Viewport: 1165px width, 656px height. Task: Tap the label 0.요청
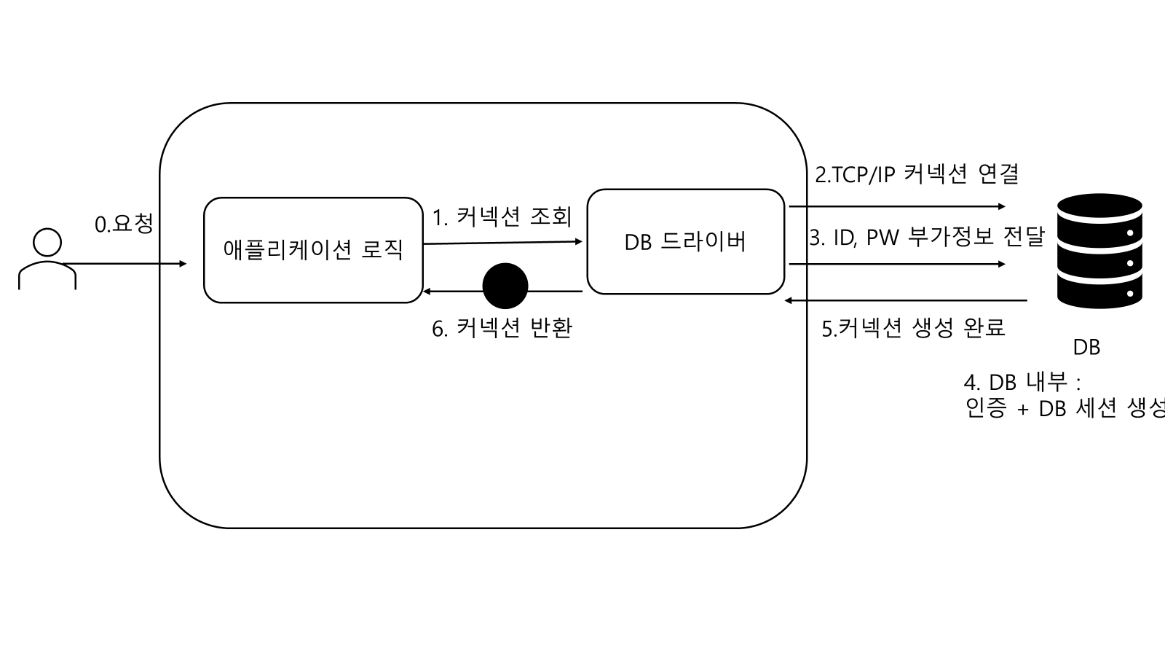pyautogui.click(x=125, y=223)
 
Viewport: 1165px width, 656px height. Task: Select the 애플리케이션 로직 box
pyautogui.click(x=313, y=250)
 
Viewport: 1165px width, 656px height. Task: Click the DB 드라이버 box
pyautogui.click(x=685, y=242)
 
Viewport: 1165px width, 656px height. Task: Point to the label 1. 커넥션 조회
pyautogui.click(x=502, y=216)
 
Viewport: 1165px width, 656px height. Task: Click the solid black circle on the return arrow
pyautogui.click(x=505, y=286)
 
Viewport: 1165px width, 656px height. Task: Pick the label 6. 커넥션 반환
pyautogui.click(x=502, y=329)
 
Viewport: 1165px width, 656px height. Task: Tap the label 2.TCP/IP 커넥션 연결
pyautogui.click(x=917, y=174)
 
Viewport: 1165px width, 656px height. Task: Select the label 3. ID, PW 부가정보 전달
pyautogui.click(x=927, y=237)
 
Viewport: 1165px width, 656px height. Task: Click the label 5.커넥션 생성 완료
pyautogui.click(x=914, y=327)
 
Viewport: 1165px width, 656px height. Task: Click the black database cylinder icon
pyautogui.click(x=1099, y=251)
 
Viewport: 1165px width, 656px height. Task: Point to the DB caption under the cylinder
pyautogui.click(x=1086, y=348)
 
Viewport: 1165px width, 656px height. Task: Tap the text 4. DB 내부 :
pyautogui.click(x=1022, y=382)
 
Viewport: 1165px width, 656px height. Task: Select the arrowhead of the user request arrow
pyautogui.click(x=183, y=264)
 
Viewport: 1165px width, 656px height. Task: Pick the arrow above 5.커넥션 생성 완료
pyautogui.click(x=906, y=300)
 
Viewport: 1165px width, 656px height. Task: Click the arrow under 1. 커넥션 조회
pyautogui.click(x=502, y=243)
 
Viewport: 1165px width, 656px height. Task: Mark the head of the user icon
pyautogui.click(x=47, y=243)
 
